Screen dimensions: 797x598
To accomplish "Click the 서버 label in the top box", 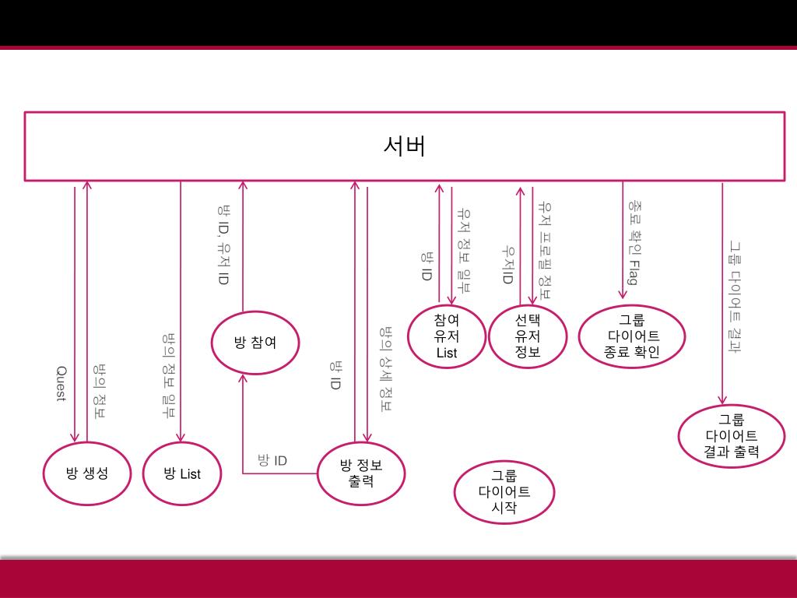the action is (x=405, y=146).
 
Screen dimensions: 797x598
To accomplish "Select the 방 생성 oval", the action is (x=86, y=473).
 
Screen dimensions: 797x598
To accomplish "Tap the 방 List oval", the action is (x=182, y=473).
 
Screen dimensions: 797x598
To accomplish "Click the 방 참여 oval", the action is (x=255, y=342).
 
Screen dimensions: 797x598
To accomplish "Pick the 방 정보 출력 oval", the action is (x=361, y=473).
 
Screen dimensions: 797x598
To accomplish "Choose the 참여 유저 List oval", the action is (x=447, y=336).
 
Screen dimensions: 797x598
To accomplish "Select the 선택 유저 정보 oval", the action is (x=527, y=336).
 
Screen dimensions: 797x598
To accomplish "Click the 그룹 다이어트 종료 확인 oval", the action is (x=631, y=336).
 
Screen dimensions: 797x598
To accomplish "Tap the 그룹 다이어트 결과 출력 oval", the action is (x=732, y=435).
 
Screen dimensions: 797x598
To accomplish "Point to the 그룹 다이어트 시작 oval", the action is (x=504, y=491).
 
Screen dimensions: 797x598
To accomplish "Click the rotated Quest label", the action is (x=61, y=384).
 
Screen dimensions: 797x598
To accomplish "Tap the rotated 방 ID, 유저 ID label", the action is (x=223, y=244).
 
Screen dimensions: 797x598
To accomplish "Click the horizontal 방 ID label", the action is (x=272, y=460).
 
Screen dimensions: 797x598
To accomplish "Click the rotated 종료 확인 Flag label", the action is (x=634, y=242).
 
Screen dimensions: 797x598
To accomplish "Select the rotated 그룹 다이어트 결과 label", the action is (x=734, y=296).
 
